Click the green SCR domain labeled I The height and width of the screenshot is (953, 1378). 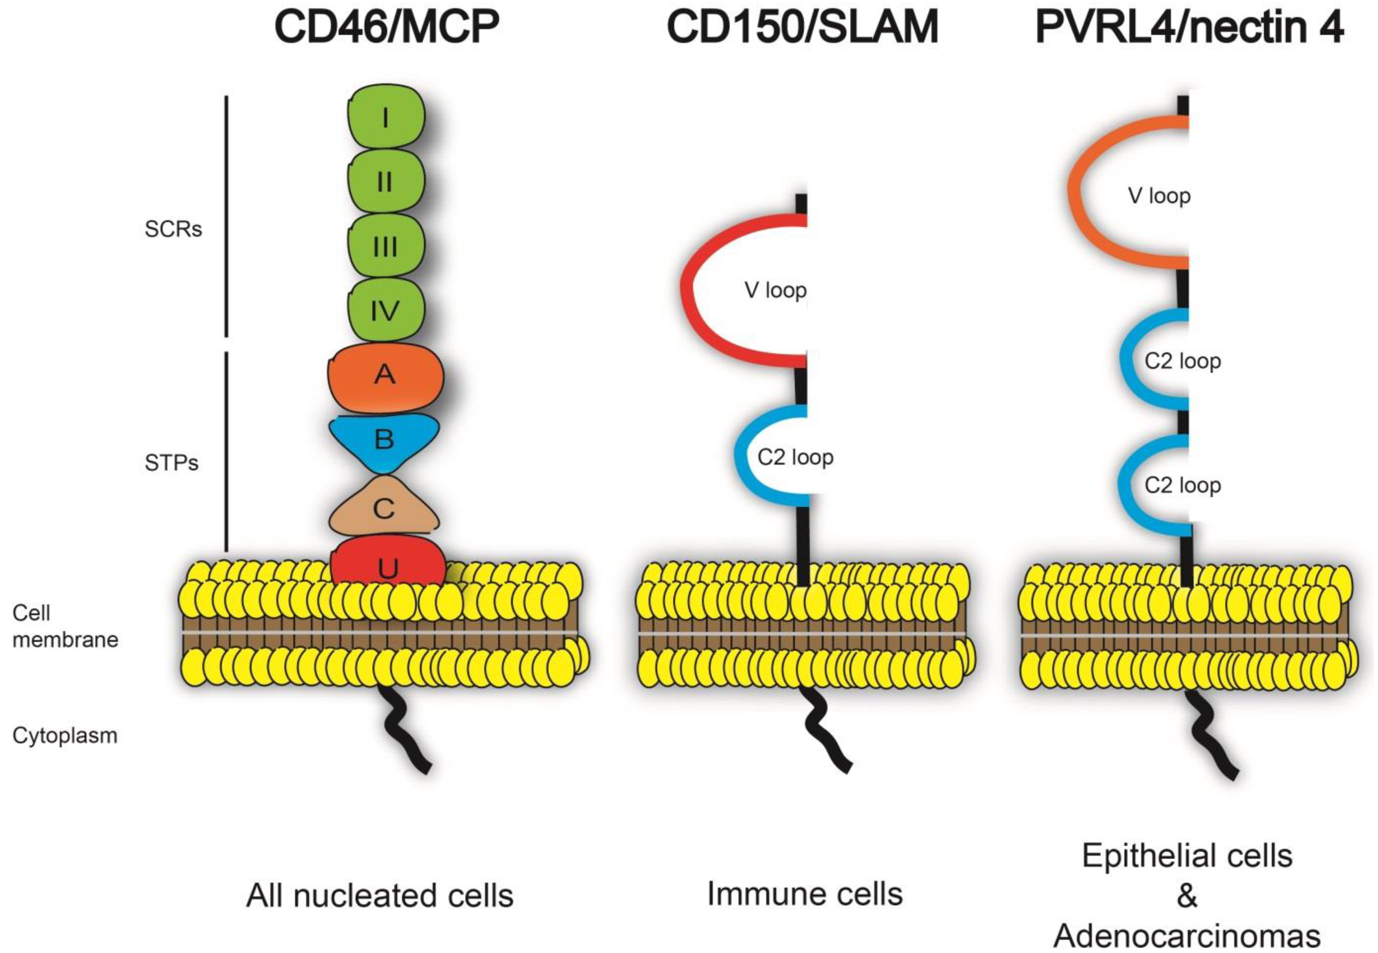tap(386, 118)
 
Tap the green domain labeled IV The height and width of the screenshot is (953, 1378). tap(386, 310)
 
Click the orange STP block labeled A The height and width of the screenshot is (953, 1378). tap(386, 375)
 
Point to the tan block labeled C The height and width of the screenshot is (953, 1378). tap(384, 509)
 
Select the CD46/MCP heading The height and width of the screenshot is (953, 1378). tap(386, 28)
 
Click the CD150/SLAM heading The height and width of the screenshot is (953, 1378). tap(802, 28)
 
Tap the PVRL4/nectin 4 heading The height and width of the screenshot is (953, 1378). tap(1189, 28)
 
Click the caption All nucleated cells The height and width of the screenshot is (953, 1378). tap(380, 896)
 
